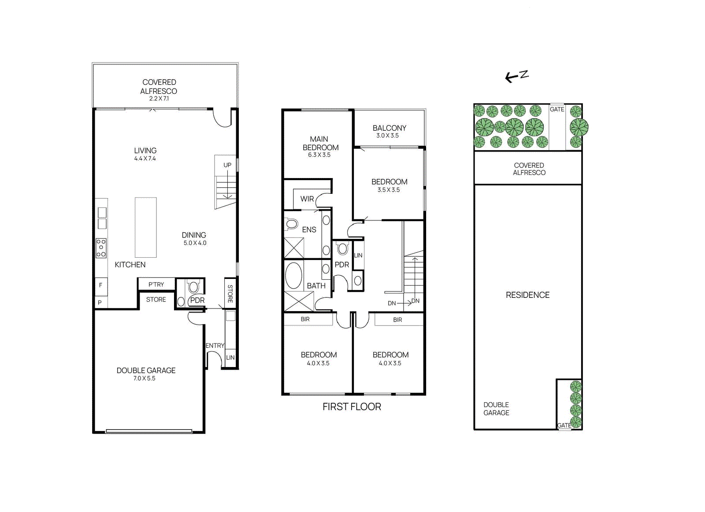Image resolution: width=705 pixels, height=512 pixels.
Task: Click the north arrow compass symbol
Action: [x=516, y=76]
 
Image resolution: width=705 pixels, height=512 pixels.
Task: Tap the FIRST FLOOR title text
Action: [x=352, y=407]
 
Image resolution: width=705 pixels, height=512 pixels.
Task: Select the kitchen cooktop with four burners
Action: [x=101, y=248]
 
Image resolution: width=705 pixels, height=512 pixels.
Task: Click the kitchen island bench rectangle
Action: [x=145, y=227]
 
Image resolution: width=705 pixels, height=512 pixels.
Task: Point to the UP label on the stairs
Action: [x=227, y=165]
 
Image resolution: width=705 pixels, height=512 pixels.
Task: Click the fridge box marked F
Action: [x=101, y=285]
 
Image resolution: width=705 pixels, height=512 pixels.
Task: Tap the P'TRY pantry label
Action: [x=156, y=285]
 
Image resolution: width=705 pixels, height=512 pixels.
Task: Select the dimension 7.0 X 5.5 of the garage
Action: [x=145, y=378]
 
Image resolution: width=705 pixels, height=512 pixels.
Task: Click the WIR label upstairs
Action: [x=307, y=199]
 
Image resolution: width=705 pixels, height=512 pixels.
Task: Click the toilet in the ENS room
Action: [x=291, y=224]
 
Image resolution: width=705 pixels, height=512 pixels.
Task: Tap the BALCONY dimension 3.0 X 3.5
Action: [x=387, y=136]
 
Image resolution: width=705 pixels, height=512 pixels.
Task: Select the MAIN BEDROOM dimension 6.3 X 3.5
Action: [x=319, y=155]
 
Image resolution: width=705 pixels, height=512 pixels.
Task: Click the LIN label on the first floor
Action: [x=358, y=255]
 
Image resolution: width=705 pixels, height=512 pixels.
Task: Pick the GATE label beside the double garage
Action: [x=564, y=425]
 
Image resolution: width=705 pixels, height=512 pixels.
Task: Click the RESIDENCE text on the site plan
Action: [x=527, y=295]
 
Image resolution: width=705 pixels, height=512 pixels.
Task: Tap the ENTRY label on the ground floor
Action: [x=215, y=345]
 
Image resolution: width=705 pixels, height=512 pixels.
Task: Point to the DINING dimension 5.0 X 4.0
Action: [x=195, y=243]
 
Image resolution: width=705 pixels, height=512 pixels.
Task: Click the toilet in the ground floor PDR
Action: [x=193, y=288]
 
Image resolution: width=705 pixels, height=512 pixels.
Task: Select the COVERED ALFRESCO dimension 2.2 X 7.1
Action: [x=159, y=99]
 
